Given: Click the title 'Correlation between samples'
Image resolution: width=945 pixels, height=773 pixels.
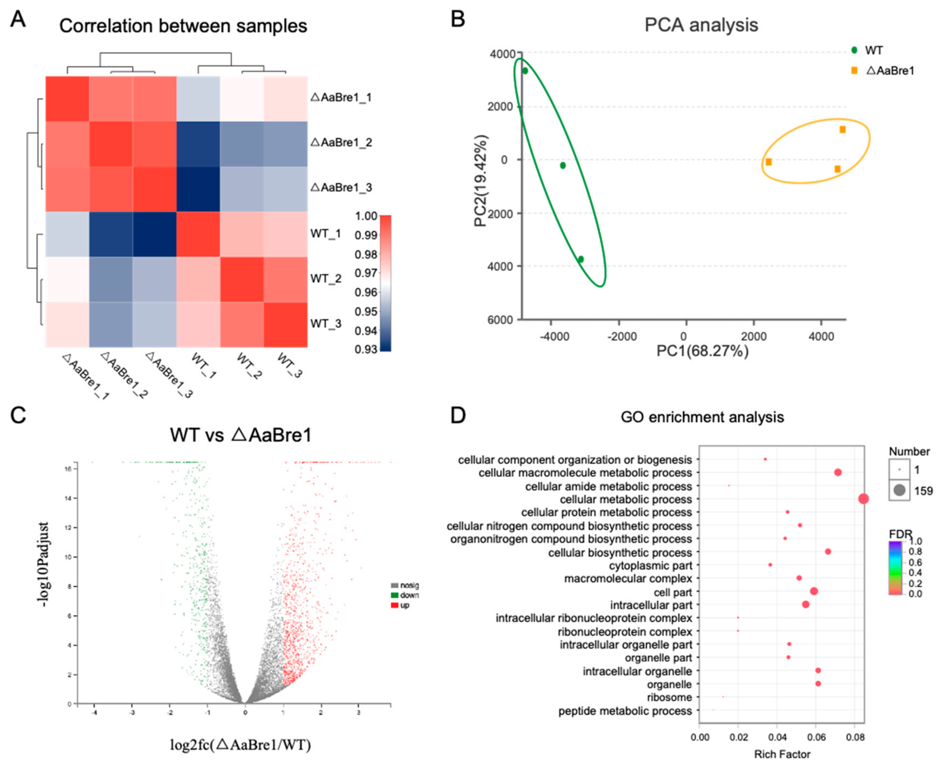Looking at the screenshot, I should pyautogui.click(x=183, y=26).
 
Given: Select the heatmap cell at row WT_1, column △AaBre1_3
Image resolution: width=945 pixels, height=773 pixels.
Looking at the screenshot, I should pyautogui.click(x=154, y=234).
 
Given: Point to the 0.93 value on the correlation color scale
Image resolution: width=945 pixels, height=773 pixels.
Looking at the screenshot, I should pyautogui.click(x=366, y=349).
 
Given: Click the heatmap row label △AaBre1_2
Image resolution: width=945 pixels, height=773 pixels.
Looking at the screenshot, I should pyautogui.click(x=341, y=143).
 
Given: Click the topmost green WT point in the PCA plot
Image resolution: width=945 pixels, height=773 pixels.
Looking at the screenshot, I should pyautogui.click(x=525, y=71).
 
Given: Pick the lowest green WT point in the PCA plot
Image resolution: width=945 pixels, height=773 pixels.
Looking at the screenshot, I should pyautogui.click(x=581, y=259).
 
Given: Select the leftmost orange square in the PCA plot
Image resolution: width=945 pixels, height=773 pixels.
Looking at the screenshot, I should pyautogui.click(x=769, y=162).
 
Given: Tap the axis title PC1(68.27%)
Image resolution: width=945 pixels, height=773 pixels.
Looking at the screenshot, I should pyautogui.click(x=702, y=351).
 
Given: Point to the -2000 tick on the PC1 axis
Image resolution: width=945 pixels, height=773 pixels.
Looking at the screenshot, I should pyautogui.click(x=622, y=337).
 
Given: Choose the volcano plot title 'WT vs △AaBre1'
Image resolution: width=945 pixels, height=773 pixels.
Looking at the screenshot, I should pyautogui.click(x=241, y=435).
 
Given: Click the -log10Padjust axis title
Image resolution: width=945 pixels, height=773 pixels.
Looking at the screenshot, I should pyautogui.click(x=44, y=565).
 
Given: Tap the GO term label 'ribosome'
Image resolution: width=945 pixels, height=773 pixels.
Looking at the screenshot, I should pyautogui.click(x=669, y=697).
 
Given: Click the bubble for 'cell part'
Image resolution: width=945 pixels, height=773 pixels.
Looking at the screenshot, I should pyautogui.click(x=814, y=591).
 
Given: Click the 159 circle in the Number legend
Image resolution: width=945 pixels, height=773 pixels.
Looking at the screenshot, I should pyautogui.click(x=899, y=491).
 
